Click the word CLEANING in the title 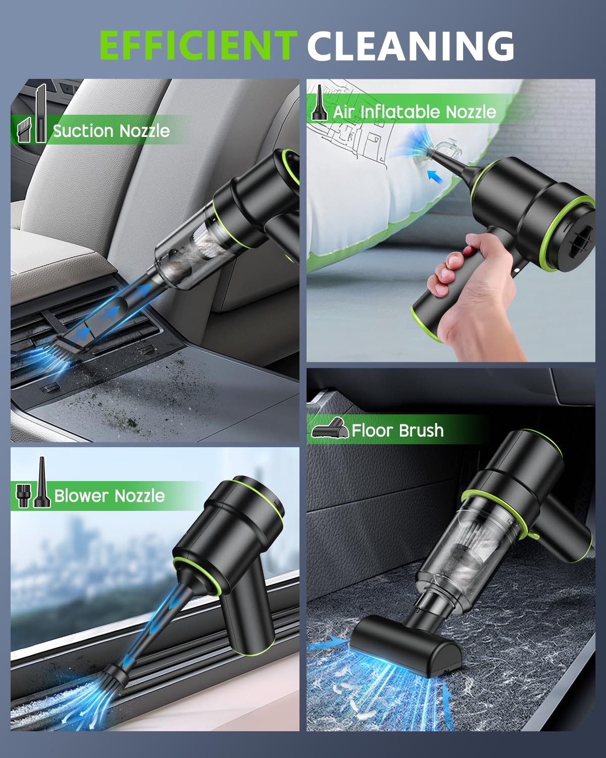click(x=410, y=45)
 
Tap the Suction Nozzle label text click(x=111, y=131)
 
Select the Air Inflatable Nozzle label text click(x=414, y=112)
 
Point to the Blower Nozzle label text click(x=109, y=496)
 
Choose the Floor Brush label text click(x=397, y=431)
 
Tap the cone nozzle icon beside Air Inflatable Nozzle click(x=318, y=105)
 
